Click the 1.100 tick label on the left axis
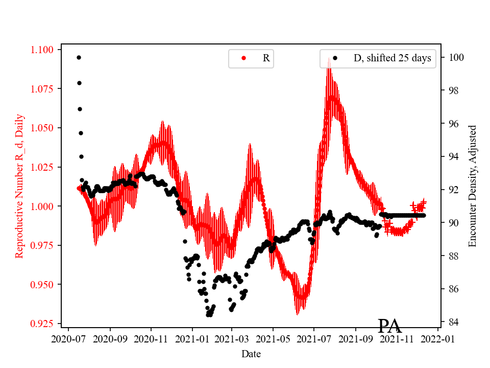point(42,50)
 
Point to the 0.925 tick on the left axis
point(42,324)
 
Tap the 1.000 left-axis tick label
point(42,206)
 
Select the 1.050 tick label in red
point(42,128)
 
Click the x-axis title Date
point(251,354)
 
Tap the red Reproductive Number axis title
point(19,185)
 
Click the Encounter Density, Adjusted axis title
point(472,186)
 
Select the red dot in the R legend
point(243,58)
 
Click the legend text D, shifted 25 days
point(392,58)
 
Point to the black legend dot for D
point(335,58)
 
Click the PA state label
point(389,326)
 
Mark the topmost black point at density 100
point(79,57)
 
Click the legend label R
point(266,58)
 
